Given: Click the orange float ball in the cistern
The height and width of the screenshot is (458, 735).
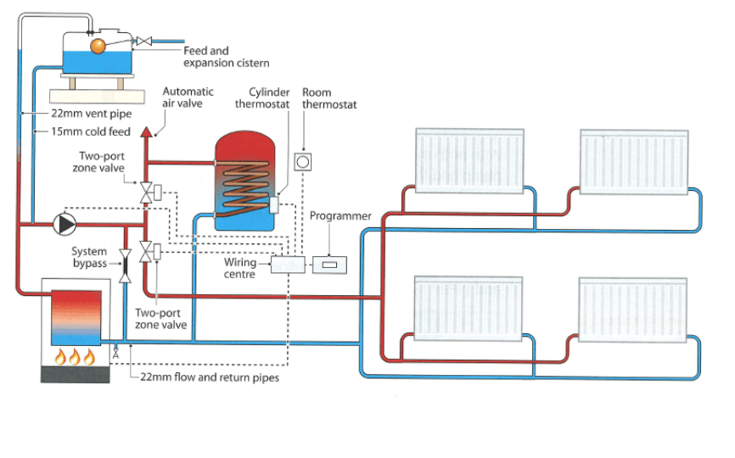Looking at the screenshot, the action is [x=98, y=46].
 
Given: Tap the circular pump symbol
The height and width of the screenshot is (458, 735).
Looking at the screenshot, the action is [x=65, y=224].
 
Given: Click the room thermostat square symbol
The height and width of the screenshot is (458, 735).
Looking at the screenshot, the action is [x=303, y=162].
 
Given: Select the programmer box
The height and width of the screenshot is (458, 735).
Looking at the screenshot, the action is [x=329, y=265].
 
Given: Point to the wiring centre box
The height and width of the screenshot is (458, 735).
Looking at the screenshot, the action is [x=288, y=265].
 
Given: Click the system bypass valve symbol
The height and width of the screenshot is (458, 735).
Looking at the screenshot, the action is [x=125, y=265].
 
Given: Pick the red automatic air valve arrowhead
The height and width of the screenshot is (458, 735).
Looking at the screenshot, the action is [x=147, y=131].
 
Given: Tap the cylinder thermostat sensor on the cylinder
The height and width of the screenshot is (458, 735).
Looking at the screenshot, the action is [x=274, y=204].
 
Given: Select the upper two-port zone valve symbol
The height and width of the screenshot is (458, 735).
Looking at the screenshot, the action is [x=146, y=193].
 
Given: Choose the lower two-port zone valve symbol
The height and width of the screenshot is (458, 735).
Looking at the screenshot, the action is [x=146, y=252].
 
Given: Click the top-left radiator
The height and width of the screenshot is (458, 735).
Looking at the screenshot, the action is [x=469, y=160].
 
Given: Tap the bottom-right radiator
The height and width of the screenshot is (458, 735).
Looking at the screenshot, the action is [x=633, y=310].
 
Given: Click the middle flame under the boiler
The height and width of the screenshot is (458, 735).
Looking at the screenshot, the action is [x=75, y=356].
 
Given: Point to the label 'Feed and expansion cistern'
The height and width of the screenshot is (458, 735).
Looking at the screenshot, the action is [x=227, y=57].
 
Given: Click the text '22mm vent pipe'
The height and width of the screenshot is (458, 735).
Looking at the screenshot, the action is [x=92, y=114].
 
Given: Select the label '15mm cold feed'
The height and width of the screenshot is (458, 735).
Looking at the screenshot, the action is [x=91, y=131].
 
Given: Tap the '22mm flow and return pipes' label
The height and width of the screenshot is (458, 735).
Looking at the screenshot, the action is [x=210, y=377].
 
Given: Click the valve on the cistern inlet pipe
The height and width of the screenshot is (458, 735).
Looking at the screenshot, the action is [x=144, y=42].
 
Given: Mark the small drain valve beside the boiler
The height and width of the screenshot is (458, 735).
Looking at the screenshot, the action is [x=115, y=353].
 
